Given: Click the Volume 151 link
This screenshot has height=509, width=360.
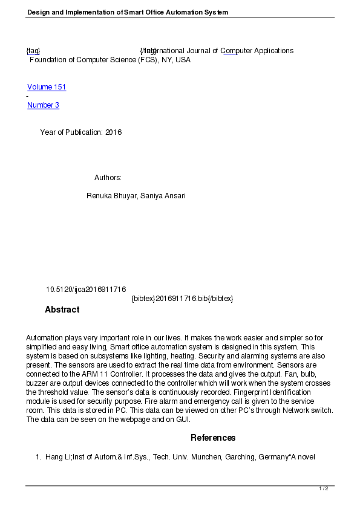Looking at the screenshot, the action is tap(47, 87).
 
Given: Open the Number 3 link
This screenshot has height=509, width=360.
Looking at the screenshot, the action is tap(43, 105).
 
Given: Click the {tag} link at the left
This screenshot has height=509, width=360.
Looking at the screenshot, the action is tap(33, 51).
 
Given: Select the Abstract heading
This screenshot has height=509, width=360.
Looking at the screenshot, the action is tap(62, 310).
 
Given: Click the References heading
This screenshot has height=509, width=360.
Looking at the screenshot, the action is tap(213, 438).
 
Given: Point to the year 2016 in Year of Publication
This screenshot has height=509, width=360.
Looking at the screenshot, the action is tap(113, 132).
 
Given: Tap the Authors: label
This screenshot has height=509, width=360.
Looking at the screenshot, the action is tap(108, 178).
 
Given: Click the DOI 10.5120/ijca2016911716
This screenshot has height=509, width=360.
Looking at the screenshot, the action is tap(86, 290).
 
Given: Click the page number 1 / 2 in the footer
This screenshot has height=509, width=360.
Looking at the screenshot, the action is tap(324, 488).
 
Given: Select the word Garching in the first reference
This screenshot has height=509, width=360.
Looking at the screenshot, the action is tap(241, 457).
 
